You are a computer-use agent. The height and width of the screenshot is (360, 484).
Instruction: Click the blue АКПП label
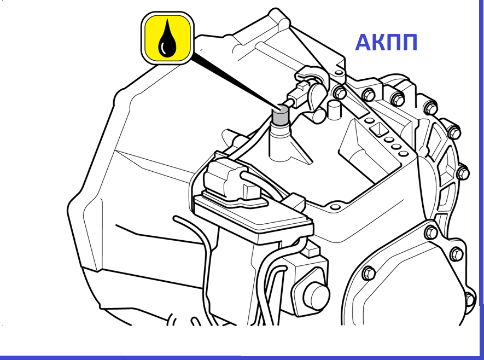(386, 42)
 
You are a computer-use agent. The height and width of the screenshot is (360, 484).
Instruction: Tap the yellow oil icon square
(167, 38)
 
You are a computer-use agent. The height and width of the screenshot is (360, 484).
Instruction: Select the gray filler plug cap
(280, 115)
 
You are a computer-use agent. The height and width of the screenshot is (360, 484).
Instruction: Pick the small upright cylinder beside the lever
(334, 110)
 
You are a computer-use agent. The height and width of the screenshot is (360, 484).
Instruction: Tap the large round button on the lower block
(316, 295)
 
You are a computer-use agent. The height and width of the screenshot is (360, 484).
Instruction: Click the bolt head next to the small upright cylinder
(340, 92)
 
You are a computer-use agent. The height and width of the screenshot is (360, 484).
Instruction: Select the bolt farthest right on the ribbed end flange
(463, 173)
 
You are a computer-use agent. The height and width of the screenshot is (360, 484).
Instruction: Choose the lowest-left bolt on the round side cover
(368, 273)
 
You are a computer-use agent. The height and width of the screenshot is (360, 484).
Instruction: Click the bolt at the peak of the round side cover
(431, 232)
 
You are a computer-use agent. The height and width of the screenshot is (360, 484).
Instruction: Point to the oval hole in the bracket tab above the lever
(339, 73)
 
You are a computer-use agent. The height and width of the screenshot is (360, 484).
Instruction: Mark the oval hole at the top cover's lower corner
(334, 206)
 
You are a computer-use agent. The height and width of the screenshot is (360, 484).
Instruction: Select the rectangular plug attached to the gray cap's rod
(298, 96)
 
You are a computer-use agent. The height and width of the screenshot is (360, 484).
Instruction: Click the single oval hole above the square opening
(368, 120)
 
